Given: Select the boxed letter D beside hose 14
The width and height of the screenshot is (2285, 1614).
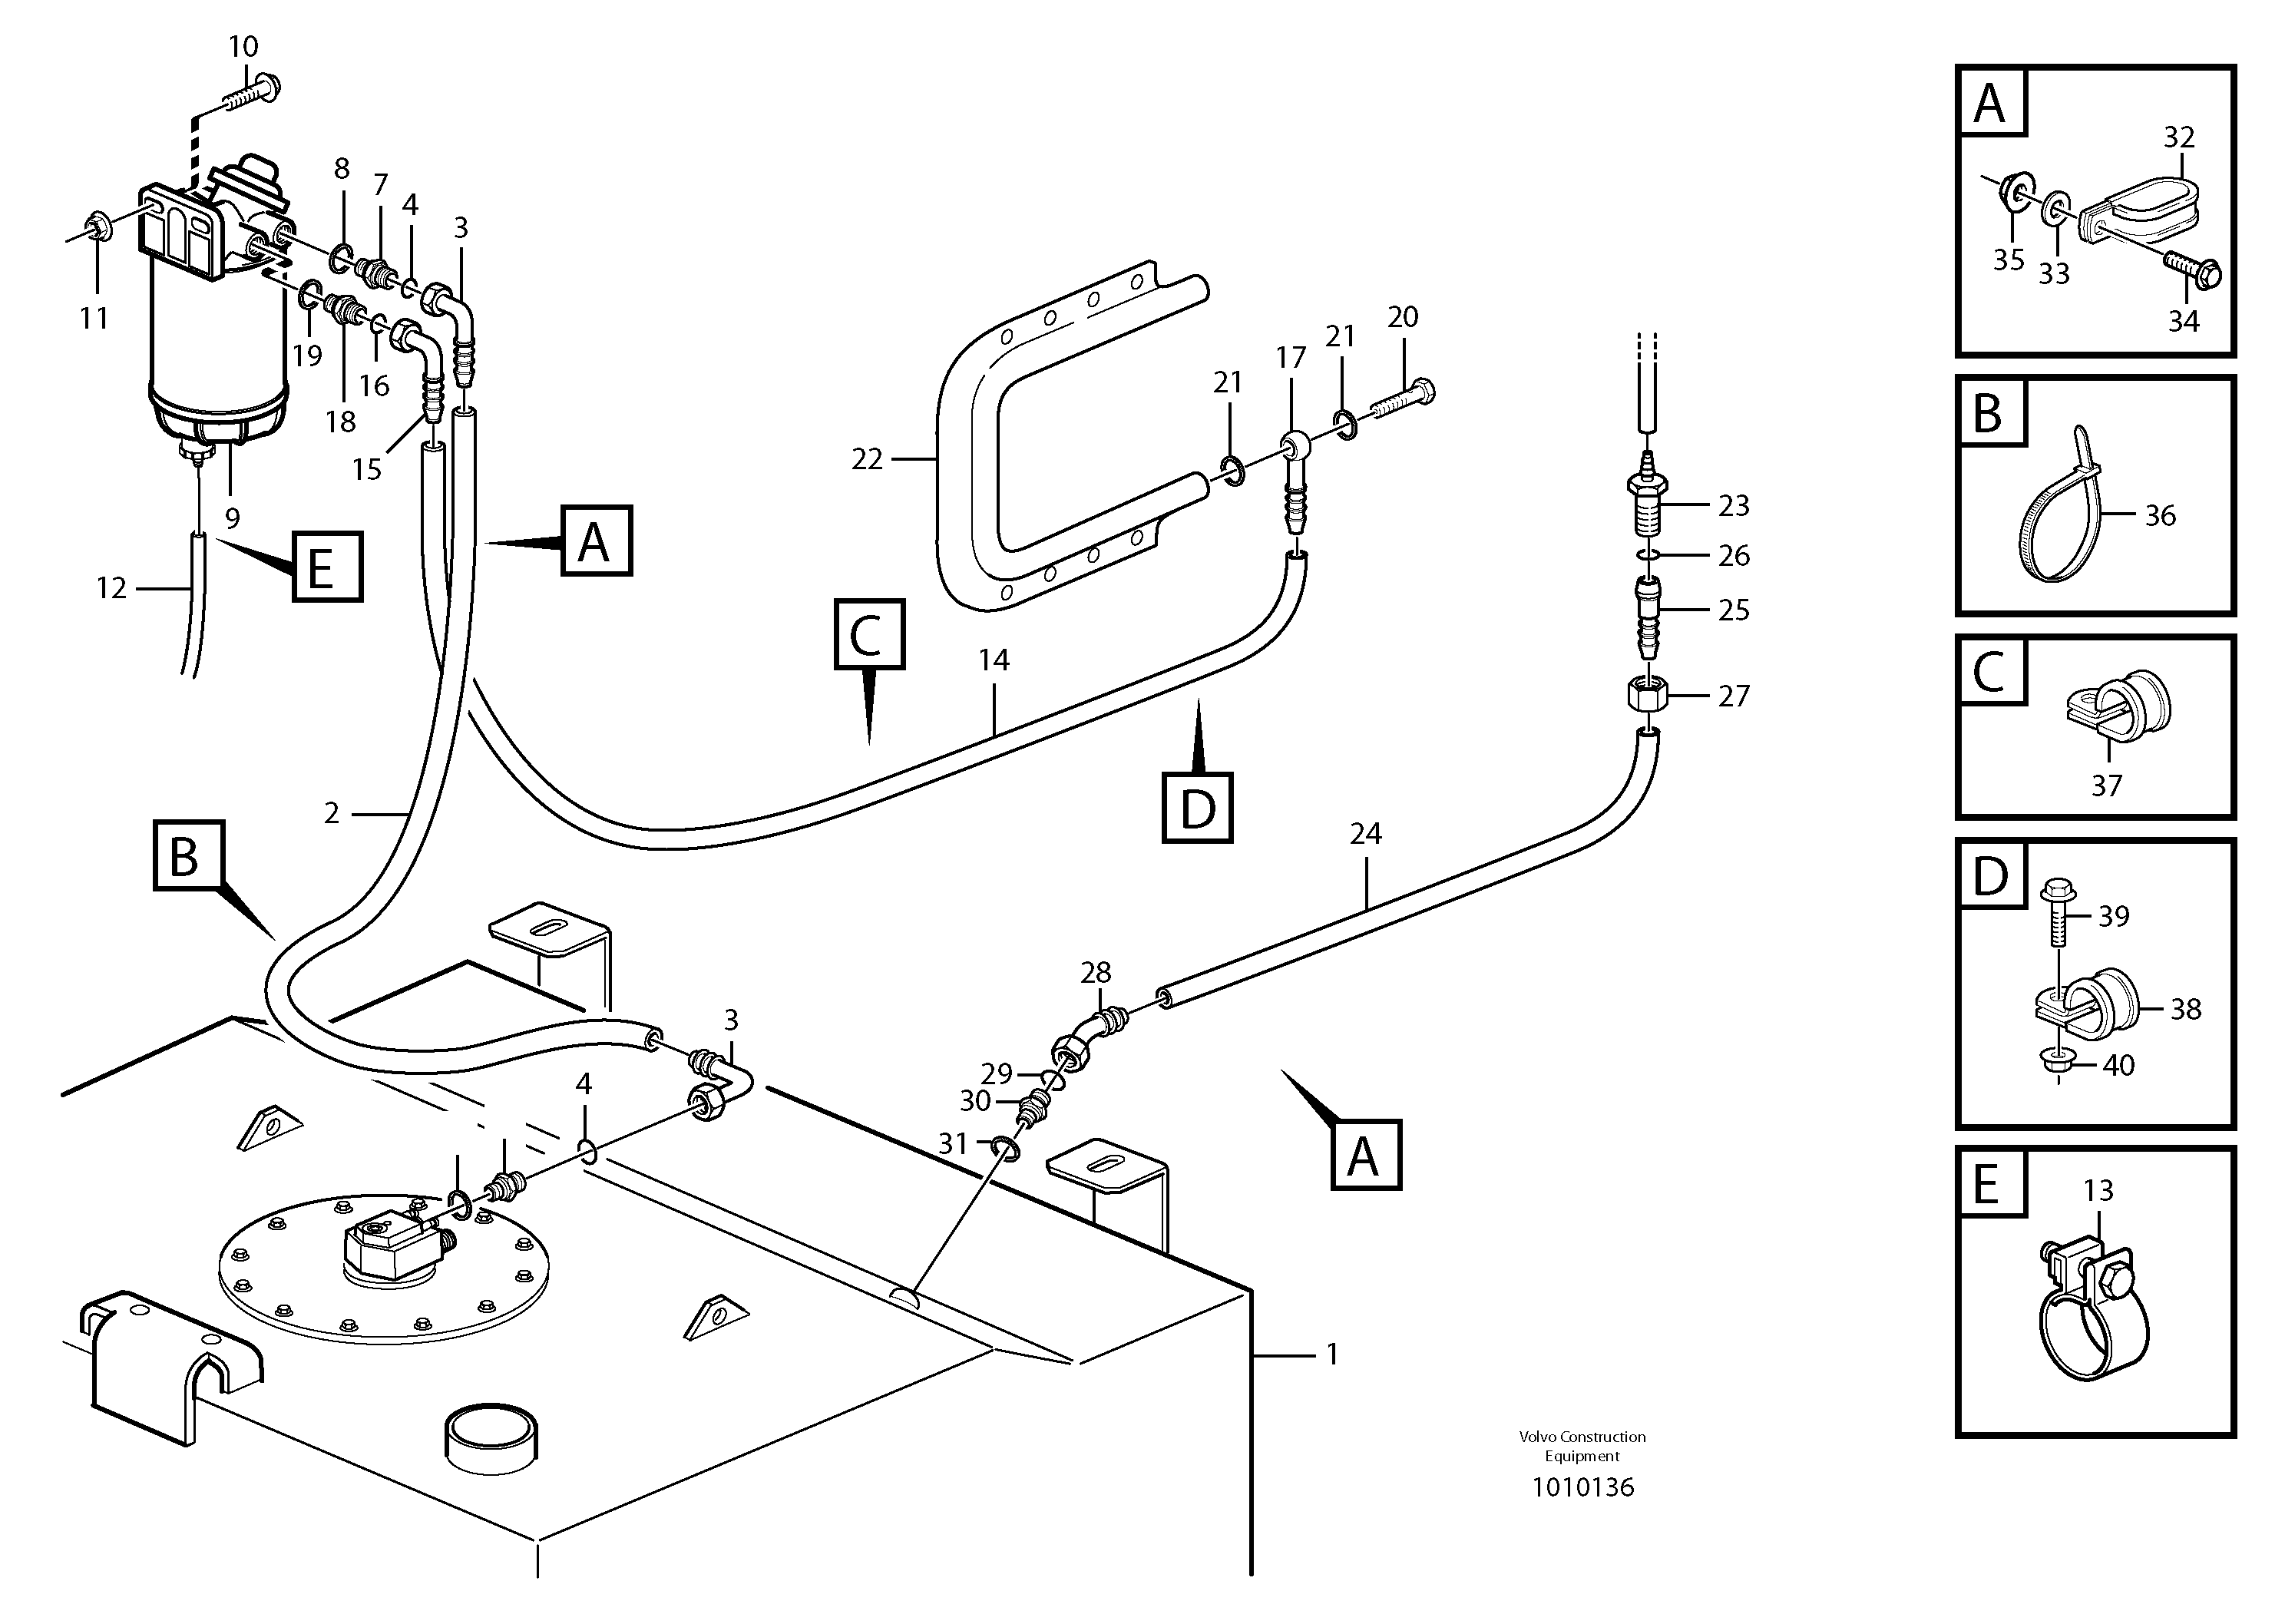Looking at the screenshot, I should [1197, 808].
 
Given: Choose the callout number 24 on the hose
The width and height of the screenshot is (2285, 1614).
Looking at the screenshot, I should [1365, 834].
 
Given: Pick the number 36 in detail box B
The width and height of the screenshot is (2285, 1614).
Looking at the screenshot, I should [2160, 515].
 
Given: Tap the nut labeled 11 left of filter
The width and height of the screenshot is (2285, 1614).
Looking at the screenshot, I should [98, 228].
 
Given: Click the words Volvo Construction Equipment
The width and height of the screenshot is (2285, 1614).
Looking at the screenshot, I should [1582, 1446].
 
